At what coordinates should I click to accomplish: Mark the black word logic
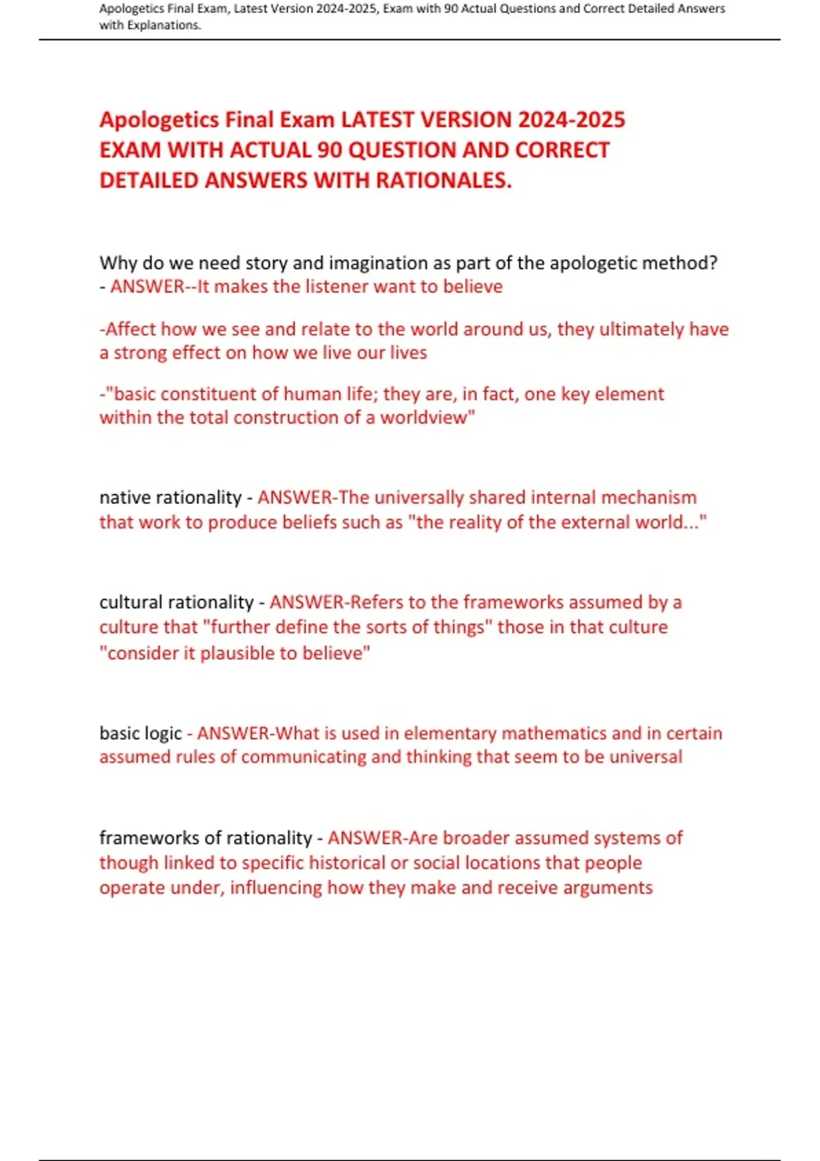(x=163, y=733)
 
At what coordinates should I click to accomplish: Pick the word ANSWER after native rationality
(x=294, y=497)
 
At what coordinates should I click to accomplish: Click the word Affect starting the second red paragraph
(x=130, y=329)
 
